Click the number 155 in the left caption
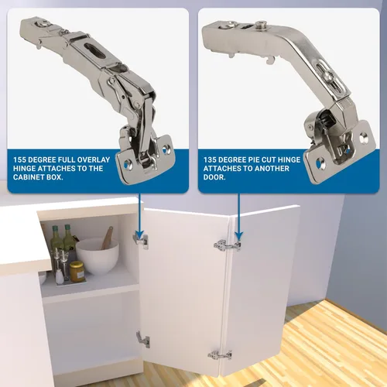pos(19,159)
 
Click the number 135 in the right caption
pos(210,159)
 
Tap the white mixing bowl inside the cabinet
pos(98,256)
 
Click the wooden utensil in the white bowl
pos(108,238)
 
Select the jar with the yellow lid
pos(77,272)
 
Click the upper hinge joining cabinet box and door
pos(141,241)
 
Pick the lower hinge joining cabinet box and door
pos(143,340)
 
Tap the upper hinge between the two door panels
pos(227,245)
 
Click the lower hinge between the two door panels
pos(220,355)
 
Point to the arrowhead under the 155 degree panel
pos(139,235)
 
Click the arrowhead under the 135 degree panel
pos(239,236)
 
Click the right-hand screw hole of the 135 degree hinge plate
pos(364,138)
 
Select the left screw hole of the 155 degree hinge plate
pos(127,164)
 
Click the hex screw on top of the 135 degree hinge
pos(261,25)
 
